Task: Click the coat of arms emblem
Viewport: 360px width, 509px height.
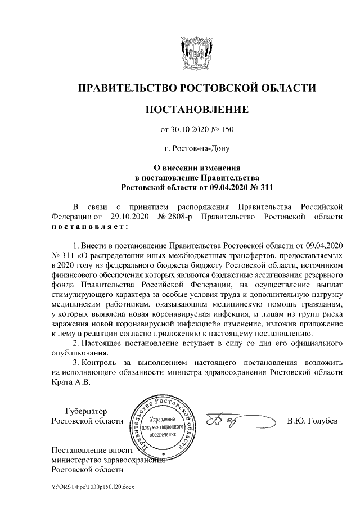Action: (x=196, y=53)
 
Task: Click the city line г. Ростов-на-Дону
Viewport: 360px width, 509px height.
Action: (x=196, y=149)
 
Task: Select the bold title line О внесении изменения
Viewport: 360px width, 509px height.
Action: (x=197, y=168)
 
